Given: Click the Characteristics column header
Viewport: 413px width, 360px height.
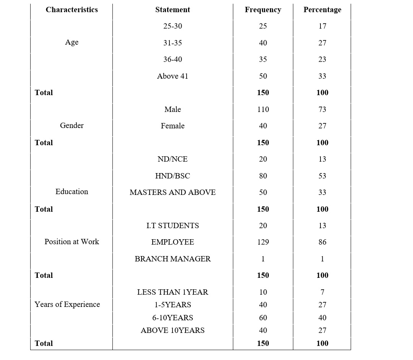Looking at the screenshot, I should [72, 10].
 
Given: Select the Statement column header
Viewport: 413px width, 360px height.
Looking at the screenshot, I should [172, 10].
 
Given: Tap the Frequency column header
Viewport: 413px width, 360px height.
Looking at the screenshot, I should [263, 10].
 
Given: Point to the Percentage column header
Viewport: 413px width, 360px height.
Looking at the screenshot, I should [322, 10].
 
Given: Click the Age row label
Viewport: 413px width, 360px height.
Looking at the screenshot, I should [72, 42].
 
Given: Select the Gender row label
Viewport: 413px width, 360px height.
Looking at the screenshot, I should [72, 125].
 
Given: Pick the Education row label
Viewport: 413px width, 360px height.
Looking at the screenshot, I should [72, 192].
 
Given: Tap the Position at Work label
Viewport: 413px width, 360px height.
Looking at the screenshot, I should [72, 242].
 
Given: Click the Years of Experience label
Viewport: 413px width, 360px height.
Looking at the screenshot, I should [67, 305].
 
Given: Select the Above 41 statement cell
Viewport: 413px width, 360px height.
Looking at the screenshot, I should [172, 76].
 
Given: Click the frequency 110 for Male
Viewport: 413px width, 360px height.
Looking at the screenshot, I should [263, 109].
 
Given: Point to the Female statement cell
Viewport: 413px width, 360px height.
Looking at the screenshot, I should [172, 126].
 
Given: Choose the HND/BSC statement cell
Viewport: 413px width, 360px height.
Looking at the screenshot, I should [172, 176].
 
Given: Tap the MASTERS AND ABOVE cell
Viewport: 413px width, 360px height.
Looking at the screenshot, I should [172, 193].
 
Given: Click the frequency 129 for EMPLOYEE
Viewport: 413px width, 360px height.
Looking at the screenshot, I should [263, 242].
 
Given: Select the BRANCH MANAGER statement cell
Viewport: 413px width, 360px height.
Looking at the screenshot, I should [172, 259].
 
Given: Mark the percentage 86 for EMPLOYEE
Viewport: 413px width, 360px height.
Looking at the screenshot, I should [322, 242].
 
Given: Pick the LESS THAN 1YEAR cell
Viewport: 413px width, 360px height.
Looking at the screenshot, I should [172, 292].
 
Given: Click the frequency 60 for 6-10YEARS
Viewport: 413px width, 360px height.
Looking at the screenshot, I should [263, 318].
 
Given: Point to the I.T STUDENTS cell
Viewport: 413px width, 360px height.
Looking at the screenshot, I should [172, 226].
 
